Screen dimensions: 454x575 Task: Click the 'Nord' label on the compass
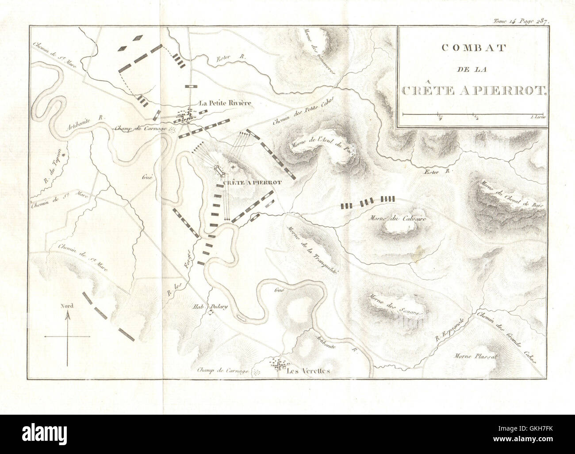click(67, 305)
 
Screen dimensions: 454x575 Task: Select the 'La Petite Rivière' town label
click(225, 103)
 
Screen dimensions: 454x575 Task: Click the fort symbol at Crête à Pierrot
click(218, 169)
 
